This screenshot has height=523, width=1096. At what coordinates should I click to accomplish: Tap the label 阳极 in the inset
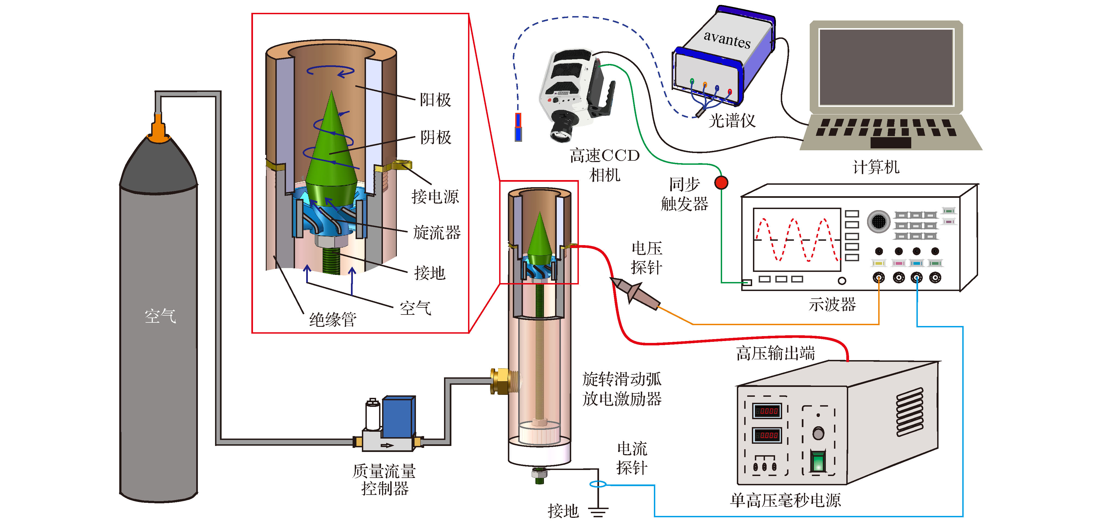[435, 100]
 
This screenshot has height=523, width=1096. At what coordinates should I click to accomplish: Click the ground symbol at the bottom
[598, 511]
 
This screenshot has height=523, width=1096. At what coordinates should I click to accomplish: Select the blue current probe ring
[598, 484]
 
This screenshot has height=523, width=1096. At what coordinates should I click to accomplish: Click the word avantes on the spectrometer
[727, 39]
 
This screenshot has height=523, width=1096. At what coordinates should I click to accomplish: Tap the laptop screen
[886, 67]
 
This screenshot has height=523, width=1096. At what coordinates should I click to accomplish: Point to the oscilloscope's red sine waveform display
[796, 240]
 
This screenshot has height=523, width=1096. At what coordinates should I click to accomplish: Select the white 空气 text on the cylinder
[160, 316]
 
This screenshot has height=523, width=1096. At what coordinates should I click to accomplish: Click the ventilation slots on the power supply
[910, 412]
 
